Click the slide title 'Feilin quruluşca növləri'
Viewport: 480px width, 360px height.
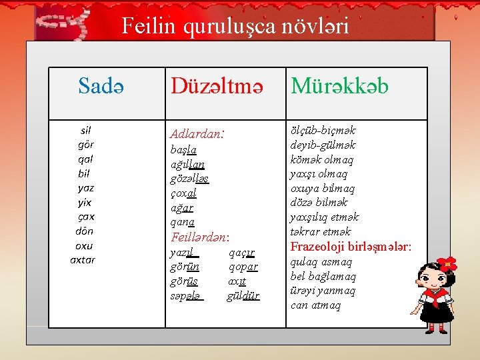point(235,25)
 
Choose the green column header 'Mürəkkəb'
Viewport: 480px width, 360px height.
point(339,86)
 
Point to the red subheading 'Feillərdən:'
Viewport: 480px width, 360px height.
point(200,237)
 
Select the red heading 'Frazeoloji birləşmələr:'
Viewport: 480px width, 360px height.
point(351,247)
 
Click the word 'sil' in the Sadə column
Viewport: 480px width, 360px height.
point(85,131)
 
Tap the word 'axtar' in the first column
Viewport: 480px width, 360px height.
point(83,260)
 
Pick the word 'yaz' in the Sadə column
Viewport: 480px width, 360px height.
point(85,188)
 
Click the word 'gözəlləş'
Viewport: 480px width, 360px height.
point(190,179)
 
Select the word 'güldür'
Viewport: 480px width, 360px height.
point(243,296)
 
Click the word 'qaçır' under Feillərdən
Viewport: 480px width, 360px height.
point(241,253)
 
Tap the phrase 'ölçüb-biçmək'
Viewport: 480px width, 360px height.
point(323,130)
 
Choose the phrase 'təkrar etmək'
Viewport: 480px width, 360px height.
point(320,231)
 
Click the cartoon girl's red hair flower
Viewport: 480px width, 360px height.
point(446,264)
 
